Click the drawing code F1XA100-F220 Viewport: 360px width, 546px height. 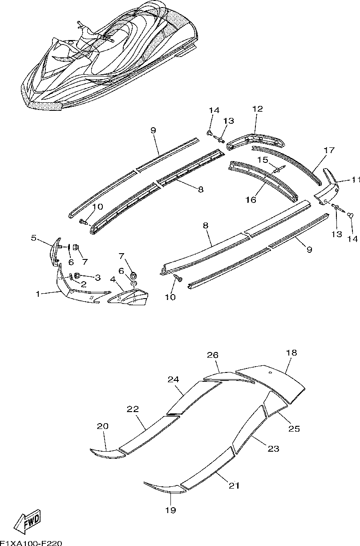pyautogui.click(x=31, y=543)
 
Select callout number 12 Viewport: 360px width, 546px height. pyautogui.click(x=258, y=109)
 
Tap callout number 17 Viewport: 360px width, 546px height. pyautogui.click(x=329, y=150)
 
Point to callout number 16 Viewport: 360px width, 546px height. pyautogui.click(x=251, y=200)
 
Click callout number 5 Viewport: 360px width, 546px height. pyautogui.click(x=33, y=238)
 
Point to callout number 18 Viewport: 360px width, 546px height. pyautogui.click(x=291, y=353)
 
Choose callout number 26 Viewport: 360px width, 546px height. pyautogui.click(x=213, y=355)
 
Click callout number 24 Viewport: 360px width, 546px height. pyautogui.click(x=173, y=379)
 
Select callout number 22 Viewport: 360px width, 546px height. pyautogui.click(x=133, y=409)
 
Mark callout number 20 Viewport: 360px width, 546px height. pyautogui.click(x=103, y=426)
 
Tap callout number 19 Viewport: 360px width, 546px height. pyautogui.click(x=171, y=510)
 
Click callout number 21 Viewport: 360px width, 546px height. pyautogui.click(x=234, y=485)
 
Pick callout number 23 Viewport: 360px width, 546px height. pyautogui.click(x=273, y=449)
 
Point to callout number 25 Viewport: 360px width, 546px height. pyautogui.click(x=294, y=429)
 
